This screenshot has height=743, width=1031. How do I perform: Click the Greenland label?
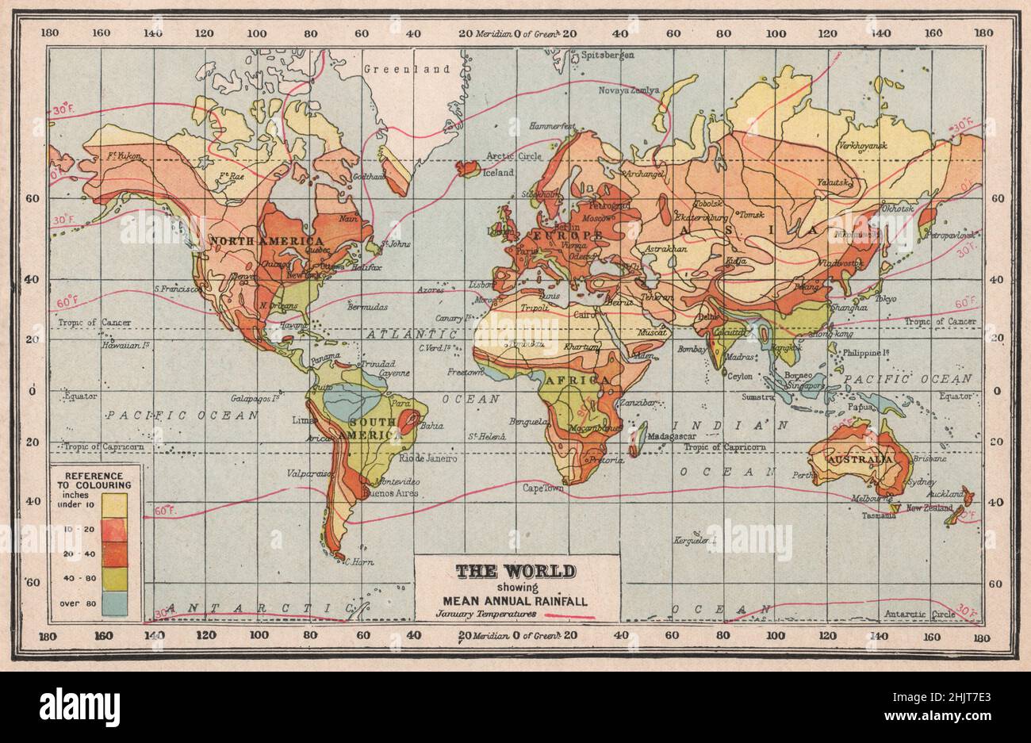pyautogui.click(x=406, y=70)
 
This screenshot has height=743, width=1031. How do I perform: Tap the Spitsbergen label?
pyautogui.click(x=607, y=56)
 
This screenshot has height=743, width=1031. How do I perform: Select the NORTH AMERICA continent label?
pyautogui.click(x=266, y=241)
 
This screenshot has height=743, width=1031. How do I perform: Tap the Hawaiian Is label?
pyautogui.click(x=125, y=346)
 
